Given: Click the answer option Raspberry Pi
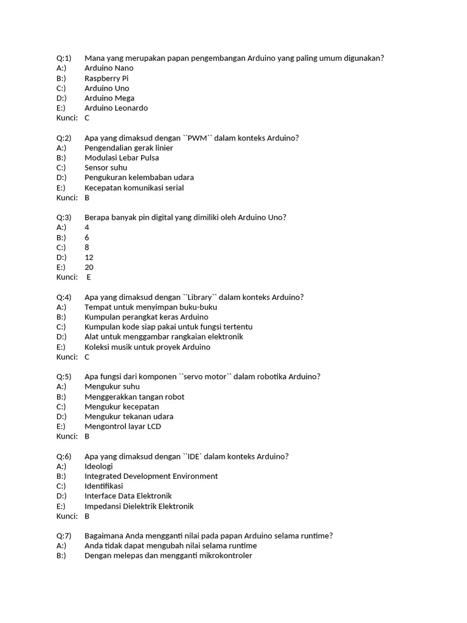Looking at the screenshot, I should point(106,78).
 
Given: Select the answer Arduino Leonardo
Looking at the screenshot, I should point(116,108).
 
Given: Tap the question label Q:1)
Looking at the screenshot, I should point(64,58).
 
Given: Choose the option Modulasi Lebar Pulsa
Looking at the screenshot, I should point(122,158).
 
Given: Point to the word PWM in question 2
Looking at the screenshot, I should point(197,138).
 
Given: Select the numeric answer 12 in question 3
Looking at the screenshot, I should point(89,257).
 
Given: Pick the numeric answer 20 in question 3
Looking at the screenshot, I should point(89,267).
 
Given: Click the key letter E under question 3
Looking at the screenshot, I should point(89,277).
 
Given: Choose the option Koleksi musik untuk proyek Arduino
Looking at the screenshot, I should point(147,347).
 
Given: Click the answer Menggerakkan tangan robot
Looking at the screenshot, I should point(134,397).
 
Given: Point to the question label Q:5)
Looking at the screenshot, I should point(64,377).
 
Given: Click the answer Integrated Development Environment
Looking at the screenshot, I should point(151,476).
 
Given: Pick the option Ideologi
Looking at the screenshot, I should point(99,467).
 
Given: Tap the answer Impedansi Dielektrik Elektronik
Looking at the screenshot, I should point(139,506).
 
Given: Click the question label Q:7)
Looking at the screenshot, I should point(64,536).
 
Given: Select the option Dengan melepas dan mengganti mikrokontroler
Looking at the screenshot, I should point(168,556).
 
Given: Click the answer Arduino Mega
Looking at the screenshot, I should point(109,99).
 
